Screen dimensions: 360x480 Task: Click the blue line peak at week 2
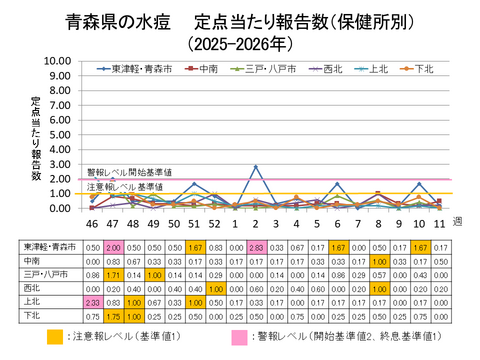256,166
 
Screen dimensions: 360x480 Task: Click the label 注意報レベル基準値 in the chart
124,187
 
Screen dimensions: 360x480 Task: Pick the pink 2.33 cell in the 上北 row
92,300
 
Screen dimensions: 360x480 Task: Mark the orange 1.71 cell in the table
113,273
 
